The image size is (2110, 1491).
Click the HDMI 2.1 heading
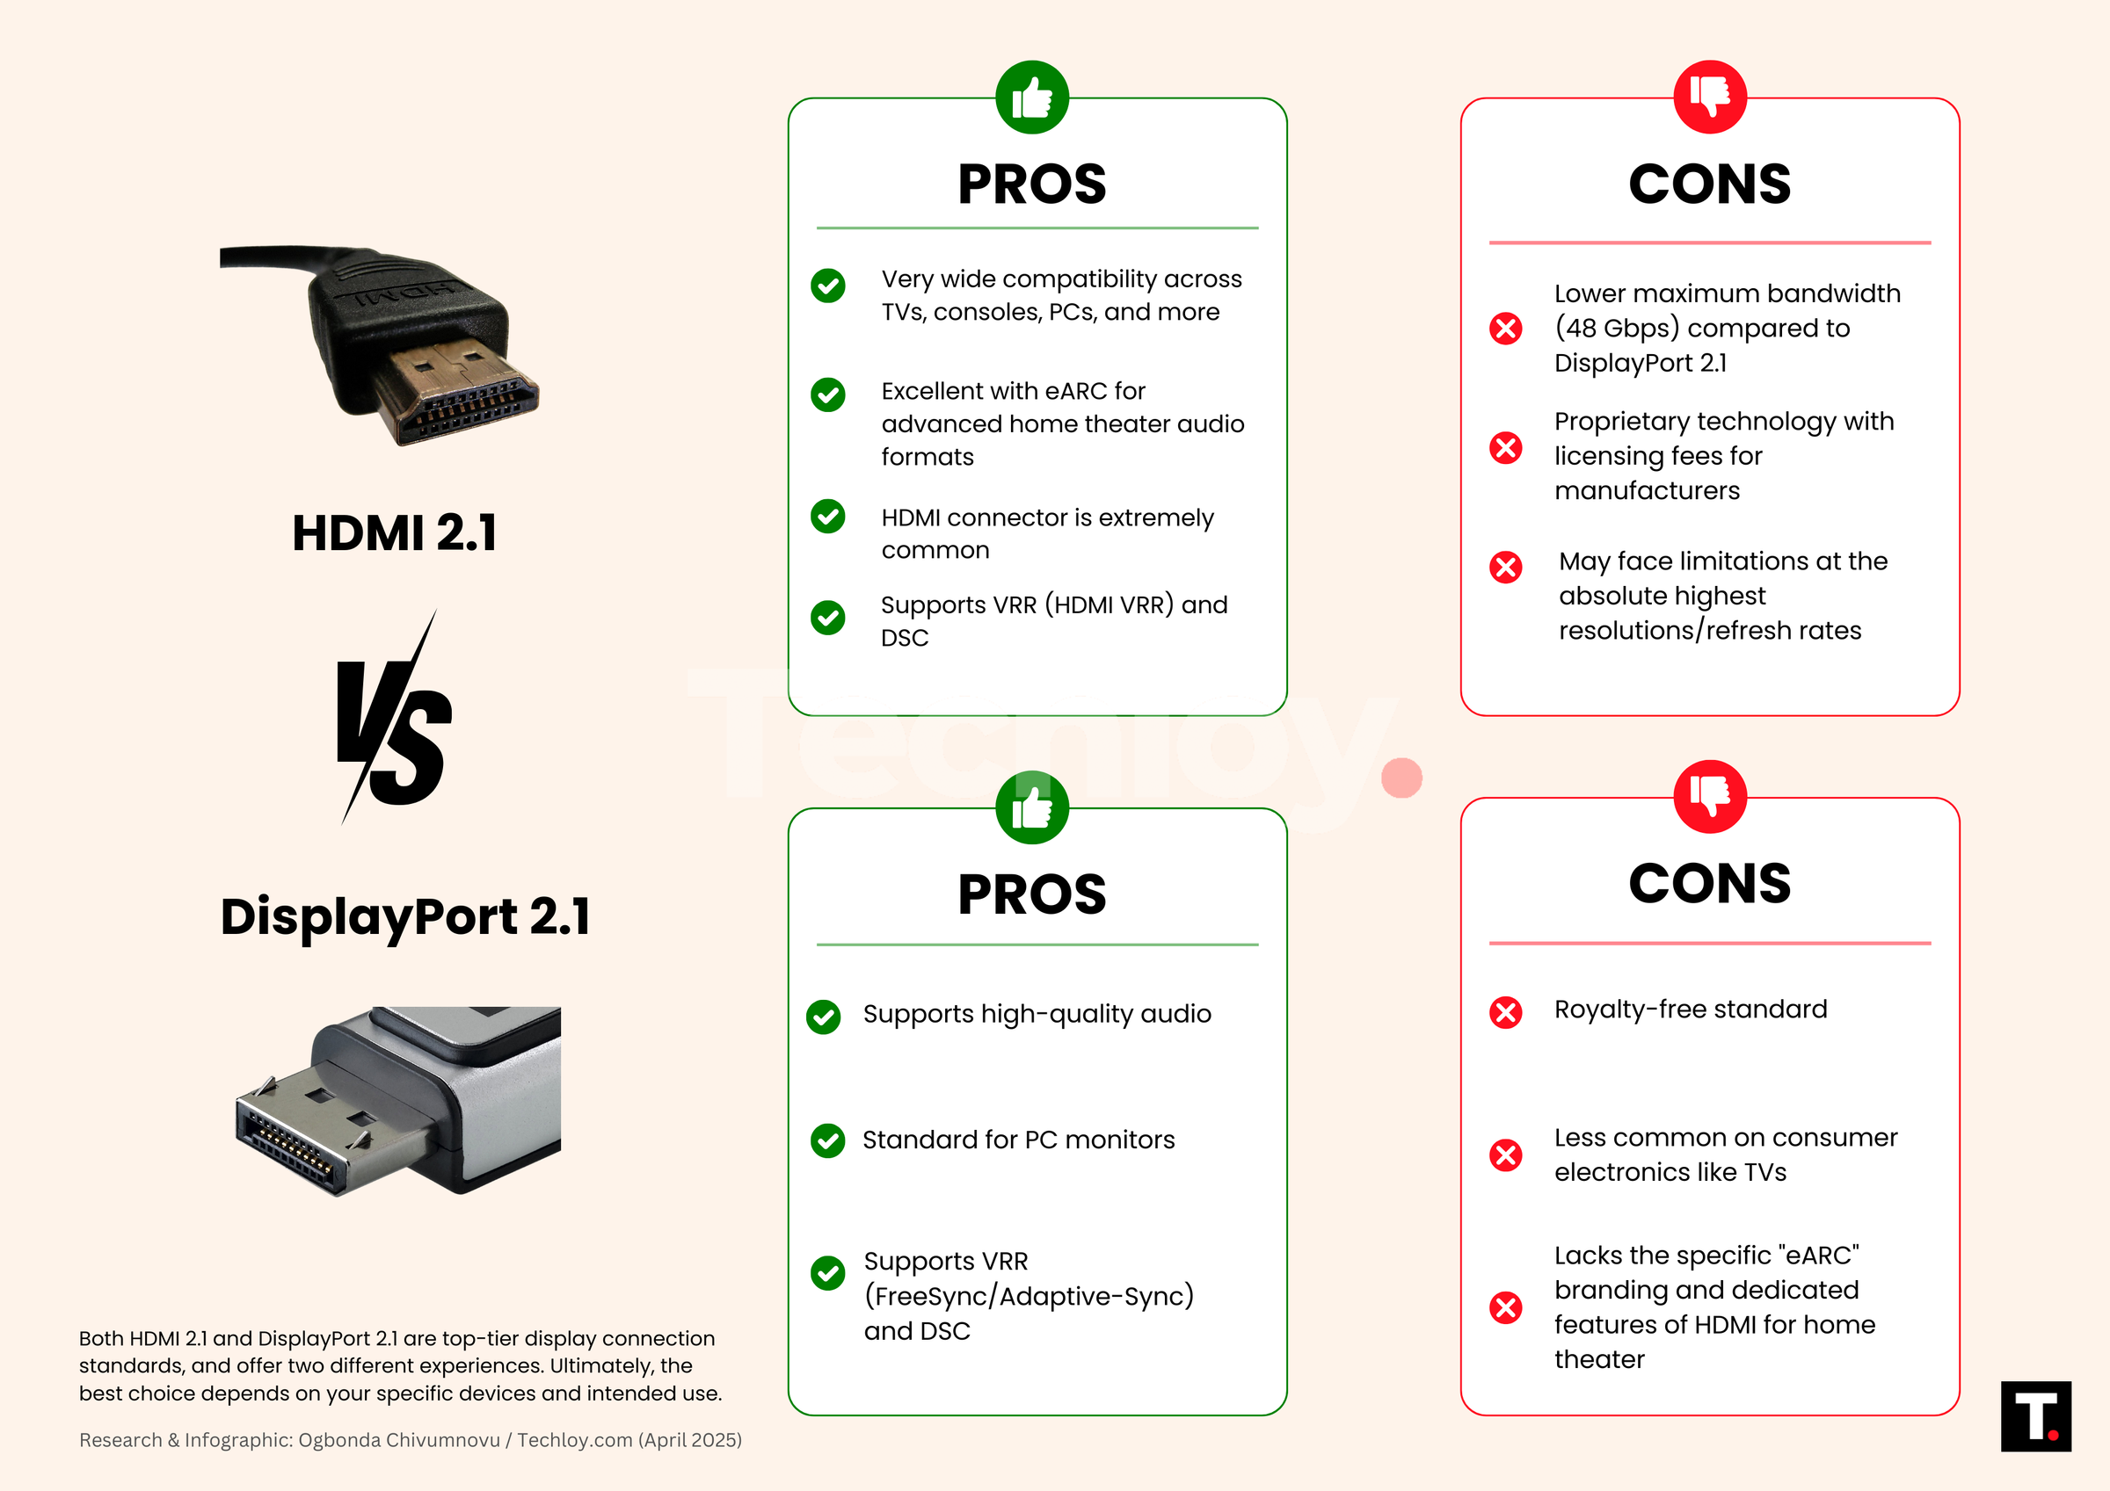click(x=394, y=532)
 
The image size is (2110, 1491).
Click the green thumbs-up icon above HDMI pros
click(x=1032, y=98)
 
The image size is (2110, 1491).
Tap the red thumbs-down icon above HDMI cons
click(x=1709, y=98)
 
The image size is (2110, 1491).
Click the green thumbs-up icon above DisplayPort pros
click(x=1032, y=807)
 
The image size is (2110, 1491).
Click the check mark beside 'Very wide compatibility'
click(x=828, y=286)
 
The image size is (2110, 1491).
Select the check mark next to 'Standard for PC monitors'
click(x=828, y=1140)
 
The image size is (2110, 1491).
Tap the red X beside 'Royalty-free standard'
click(x=1505, y=1012)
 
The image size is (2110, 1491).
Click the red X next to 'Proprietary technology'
click(x=1505, y=448)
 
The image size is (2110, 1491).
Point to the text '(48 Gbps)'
click(x=1617, y=328)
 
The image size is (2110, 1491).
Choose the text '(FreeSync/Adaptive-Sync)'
click(x=1029, y=1296)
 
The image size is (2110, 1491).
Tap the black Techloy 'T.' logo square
click(x=2035, y=1415)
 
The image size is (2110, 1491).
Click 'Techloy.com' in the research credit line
click(x=573, y=1439)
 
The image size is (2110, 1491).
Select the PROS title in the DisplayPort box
click(x=1032, y=894)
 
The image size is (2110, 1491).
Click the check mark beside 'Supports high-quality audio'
click(x=824, y=1017)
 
